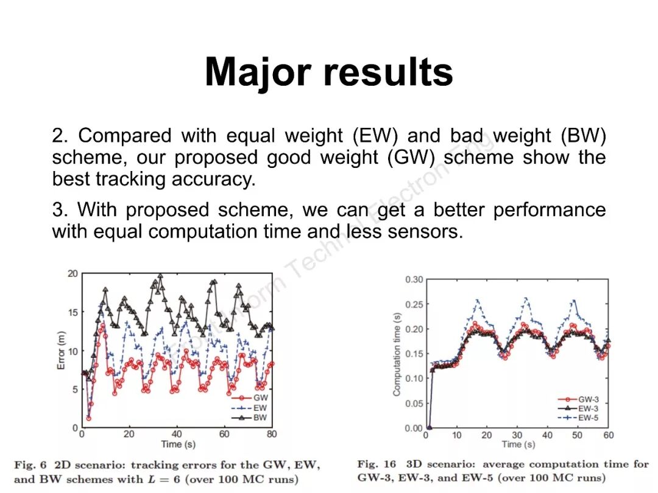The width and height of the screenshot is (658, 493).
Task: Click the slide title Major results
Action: point(329,73)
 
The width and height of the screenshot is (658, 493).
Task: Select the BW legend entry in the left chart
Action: point(260,418)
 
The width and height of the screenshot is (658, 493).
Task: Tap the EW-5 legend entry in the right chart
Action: point(588,418)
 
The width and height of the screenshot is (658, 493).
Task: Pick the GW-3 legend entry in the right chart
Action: point(588,399)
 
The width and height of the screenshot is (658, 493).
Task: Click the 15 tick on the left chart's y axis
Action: point(73,312)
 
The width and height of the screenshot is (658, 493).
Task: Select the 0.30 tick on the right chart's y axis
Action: point(414,279)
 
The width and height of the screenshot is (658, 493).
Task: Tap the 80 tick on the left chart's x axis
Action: point(272,435)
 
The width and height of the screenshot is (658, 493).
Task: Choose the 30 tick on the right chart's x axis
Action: point(517,436)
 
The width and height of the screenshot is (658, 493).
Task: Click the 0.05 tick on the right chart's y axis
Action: point(414,404)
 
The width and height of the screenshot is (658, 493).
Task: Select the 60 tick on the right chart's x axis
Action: point(609,436)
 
